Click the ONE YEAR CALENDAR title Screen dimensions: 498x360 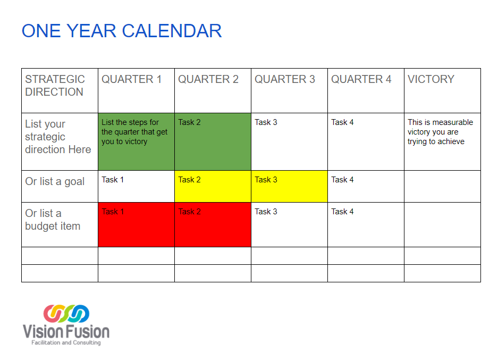pyautogui.click(x=122, y=31)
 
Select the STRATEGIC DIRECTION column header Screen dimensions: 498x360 pyautogui.click(x=55, y=86)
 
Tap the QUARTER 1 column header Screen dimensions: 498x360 pyautogui.click(x=131, y=79)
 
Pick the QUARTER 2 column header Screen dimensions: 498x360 pyautogui.click(x=208, y=79)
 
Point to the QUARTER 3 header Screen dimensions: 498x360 pyautogui.click(x=284, y=79)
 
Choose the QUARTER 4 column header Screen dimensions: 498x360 pyautogui.click(x=361, y=79)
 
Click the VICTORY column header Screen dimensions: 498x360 pyautogui.click(x=431, y=79)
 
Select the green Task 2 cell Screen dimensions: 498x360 pyautogui.click(x=213, y=141)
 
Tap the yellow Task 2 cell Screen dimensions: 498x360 pyautogui.click(x=213, y=186)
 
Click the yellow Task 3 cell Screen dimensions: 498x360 pyautogui.click(x=289, y=186)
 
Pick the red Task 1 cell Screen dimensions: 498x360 pyautogui.click(x=136, y=224)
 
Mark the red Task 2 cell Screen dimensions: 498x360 pyautogui.click(x=213, y=224)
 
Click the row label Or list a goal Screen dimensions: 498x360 pyautogui.click(x=55, y=181)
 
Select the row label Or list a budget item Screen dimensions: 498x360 pyautogui.click(x=53, y=220)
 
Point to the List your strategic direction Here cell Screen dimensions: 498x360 pyautogui.click(x=58, y=137)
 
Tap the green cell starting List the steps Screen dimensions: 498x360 pyautogui.click(x=136, y=141)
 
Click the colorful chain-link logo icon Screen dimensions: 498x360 pyautogui.click(x=66, y=314)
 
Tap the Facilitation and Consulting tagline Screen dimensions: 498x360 pyautogui.click(x=66, y=342)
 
